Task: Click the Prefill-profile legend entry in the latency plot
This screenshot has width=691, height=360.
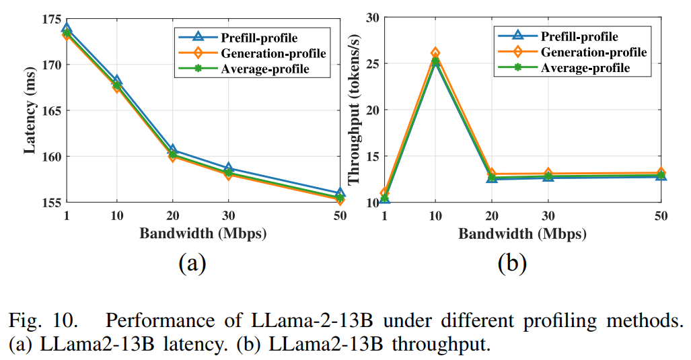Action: click(x=258, y=37)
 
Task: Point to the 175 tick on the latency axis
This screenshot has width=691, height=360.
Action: click(x=51, y=19)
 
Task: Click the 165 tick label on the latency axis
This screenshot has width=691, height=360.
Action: click(x=51, y=110)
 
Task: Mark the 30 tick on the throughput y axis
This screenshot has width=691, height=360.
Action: click(x=372, y=18)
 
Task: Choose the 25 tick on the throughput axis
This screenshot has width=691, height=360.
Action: click(x=372, y=64)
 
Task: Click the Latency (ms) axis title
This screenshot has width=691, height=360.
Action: click(x=30, y=111)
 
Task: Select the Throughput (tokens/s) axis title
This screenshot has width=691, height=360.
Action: click(x=352, y=111)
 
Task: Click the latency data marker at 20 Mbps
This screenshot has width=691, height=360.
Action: click(x=172, y=153)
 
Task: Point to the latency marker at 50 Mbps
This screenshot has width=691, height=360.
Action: click(x=339, y=196)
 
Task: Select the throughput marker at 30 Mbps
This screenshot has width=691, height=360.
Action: click(x=548, y=175)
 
